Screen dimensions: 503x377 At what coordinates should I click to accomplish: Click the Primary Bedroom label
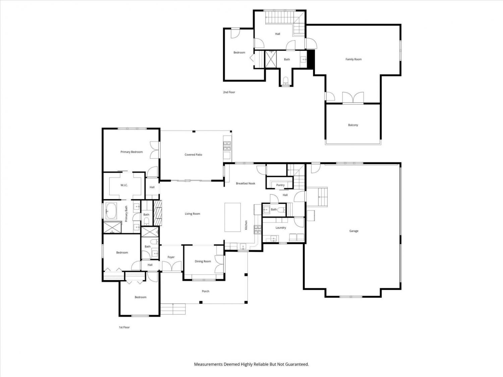tap(131, 152)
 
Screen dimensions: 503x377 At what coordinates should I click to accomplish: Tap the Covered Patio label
tap(193, 154)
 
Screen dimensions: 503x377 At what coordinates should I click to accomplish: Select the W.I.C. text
tap(124, 185)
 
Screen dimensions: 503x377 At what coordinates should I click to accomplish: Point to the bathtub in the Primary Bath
tap(111, 210)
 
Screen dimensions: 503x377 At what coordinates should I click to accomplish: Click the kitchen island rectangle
tap(232, 217)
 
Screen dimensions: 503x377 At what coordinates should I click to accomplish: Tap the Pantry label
tap(280, 185)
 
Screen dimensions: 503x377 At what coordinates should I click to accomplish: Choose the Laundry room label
tap(281, 228)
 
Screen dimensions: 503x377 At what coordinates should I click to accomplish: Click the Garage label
tap(353, 231)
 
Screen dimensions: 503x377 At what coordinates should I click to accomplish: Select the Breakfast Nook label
tap(245, 183)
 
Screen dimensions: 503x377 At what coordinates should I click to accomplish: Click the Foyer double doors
tap(171, 266)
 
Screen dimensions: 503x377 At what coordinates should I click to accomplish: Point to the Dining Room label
tap(203, 261)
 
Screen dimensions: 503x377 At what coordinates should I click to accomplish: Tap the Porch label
tap(206, 291)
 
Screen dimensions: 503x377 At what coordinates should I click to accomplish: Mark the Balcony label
tap(353, 125)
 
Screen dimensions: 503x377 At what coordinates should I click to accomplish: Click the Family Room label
tap(353, 59)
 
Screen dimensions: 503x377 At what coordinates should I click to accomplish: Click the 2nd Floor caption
tap(229, 92)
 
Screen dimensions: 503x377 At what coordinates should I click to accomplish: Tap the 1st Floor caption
tap(124, 327)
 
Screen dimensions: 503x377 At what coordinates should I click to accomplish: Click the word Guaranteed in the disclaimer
tap(297, 364)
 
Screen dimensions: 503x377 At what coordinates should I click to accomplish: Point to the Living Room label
tap(192, 213)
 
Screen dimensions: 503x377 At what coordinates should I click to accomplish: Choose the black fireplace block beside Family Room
tap(311, 59)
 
